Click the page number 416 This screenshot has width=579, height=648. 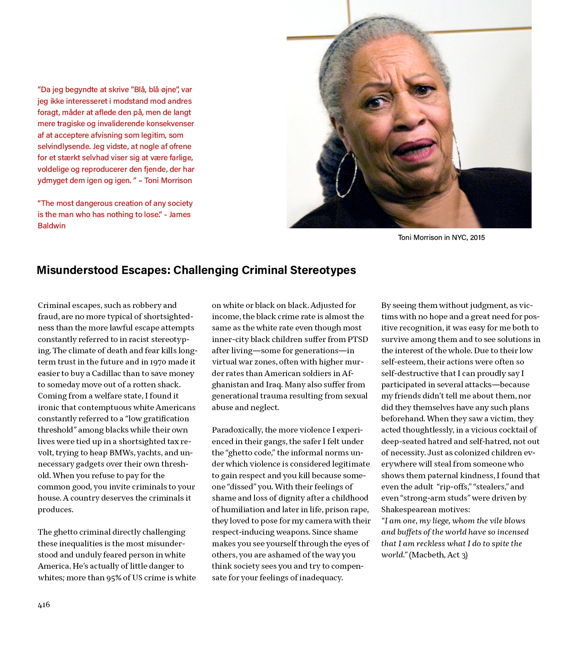tap(44, 605)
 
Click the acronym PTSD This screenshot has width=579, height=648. tap(357, 339)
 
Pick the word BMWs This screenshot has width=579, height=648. tap(122, 453)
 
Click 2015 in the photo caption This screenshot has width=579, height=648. tap(477, 237)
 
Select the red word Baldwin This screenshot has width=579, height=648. tap(52, 225)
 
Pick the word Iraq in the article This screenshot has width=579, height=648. tap(274, 384)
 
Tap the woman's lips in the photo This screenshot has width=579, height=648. tap(414, 150)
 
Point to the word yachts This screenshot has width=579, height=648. tap(149, 453)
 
